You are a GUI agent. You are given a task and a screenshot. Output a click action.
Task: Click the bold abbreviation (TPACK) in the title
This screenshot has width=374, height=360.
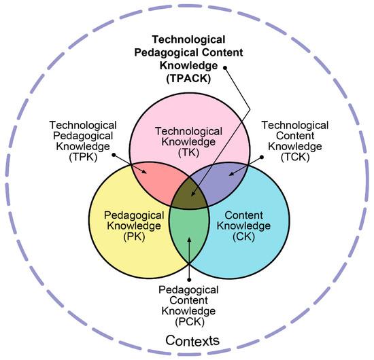pos(187,78)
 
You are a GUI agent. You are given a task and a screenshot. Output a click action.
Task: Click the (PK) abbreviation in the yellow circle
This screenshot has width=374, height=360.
pos(134,238)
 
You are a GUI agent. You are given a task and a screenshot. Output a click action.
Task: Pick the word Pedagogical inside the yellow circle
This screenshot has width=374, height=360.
pos(134,216)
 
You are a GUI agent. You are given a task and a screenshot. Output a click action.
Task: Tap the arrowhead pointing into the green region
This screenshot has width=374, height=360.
pos(188,238)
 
